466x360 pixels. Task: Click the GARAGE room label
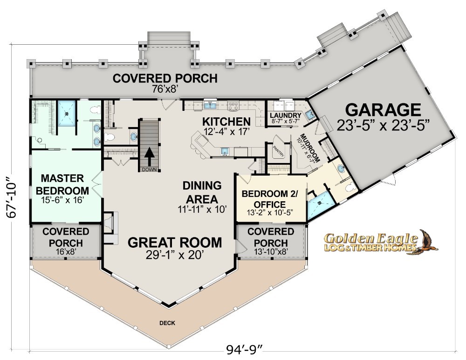[383, 110]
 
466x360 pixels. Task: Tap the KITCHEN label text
[226, 122]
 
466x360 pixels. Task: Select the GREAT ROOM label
[175, 242]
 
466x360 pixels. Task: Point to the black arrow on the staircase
[150, 156]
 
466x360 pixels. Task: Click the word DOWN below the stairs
[149, 170]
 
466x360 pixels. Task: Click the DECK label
[167, 323]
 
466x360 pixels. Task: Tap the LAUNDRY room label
[286, 115]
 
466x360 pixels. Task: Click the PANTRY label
[279, 151]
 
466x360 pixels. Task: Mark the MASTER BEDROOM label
[62, 184]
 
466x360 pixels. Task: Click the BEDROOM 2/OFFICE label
[270, 199]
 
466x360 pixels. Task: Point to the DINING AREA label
[202, 192]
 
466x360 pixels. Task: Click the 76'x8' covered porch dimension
[165, 89]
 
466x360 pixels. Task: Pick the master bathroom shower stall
[67, 113]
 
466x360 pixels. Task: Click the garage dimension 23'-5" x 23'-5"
[384, 125]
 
